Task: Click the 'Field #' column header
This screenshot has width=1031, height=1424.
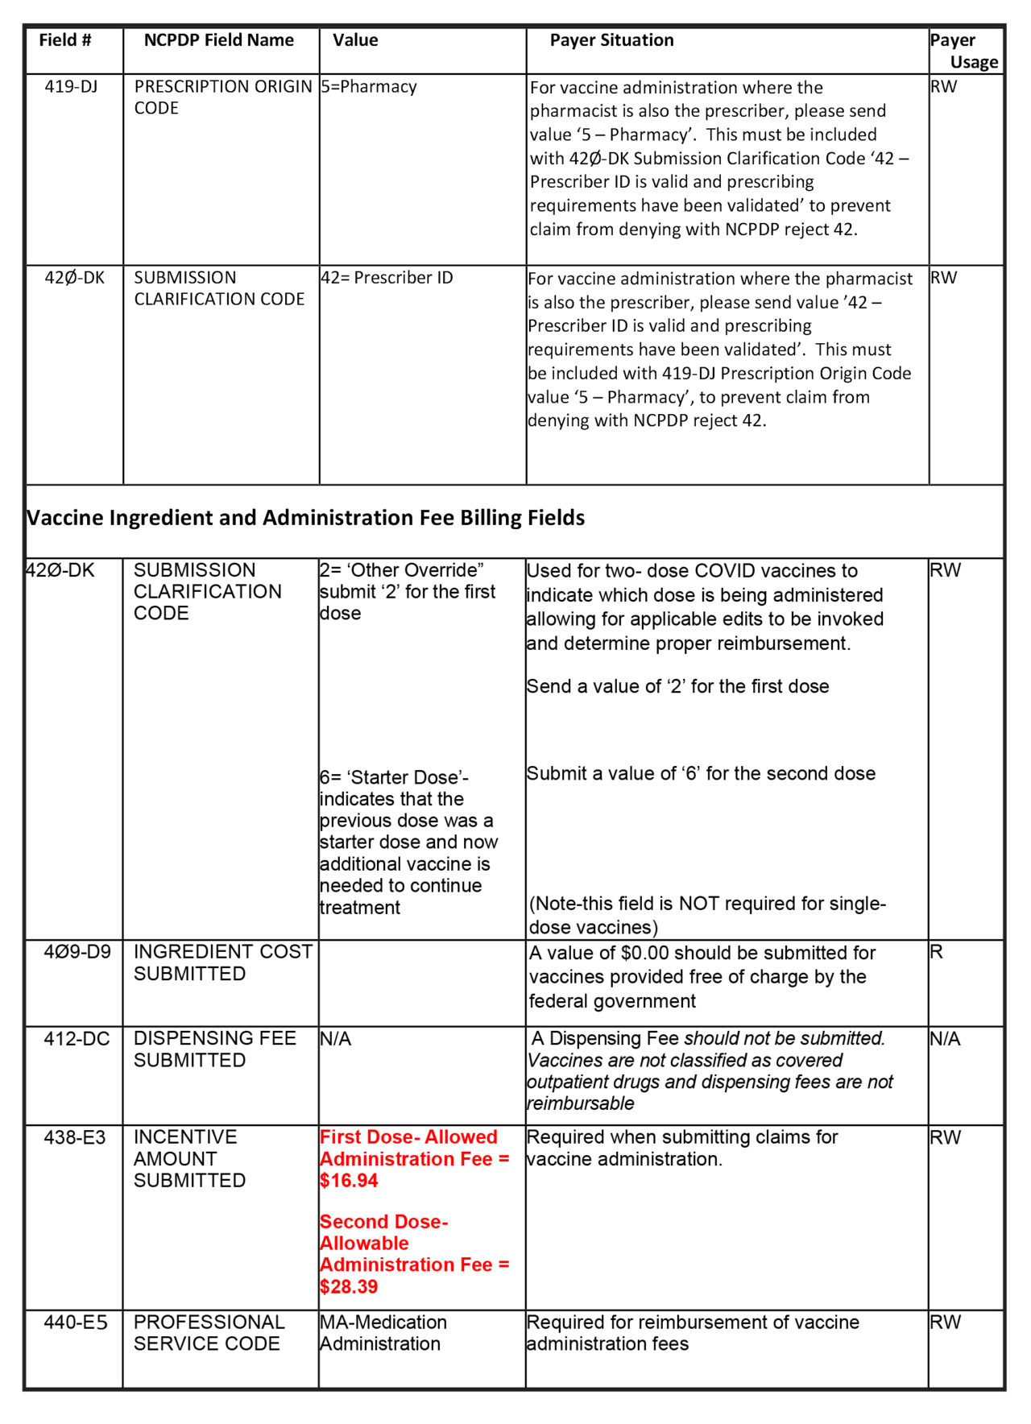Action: [64, 40]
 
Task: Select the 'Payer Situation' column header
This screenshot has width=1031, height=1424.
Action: [611, 40]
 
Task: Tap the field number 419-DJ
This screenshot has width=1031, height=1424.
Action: [71, 86]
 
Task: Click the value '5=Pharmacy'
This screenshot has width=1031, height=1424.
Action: [369, 86]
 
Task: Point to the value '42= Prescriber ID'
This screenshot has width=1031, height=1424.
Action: [387, 278]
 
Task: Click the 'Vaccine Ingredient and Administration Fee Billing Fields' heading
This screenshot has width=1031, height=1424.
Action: [306, 518]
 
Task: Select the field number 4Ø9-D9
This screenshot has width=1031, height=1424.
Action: [77, 952]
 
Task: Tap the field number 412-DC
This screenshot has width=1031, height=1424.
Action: [77, 1039]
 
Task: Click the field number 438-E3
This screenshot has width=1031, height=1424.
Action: [75, 1137]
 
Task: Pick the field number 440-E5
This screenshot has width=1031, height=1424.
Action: [76, 1323]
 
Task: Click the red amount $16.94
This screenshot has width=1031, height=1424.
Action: [349, 1181]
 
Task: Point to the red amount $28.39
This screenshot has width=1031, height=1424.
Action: [349, 1286]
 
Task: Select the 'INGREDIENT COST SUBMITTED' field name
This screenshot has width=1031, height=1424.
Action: [222, 962]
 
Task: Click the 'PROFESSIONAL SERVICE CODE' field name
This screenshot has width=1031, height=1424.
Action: [209, 1333]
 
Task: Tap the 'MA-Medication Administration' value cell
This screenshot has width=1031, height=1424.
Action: [383, 1333]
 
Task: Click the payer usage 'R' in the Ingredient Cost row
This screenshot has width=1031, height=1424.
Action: [937, 952]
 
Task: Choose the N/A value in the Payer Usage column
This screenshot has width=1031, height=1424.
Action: [945, 1039]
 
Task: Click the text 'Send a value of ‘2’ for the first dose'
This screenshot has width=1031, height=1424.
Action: [677, 686]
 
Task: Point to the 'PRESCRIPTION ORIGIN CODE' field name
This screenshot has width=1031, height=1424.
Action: [222, 97]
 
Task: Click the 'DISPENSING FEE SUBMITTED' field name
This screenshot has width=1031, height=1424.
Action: [214, 1049]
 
